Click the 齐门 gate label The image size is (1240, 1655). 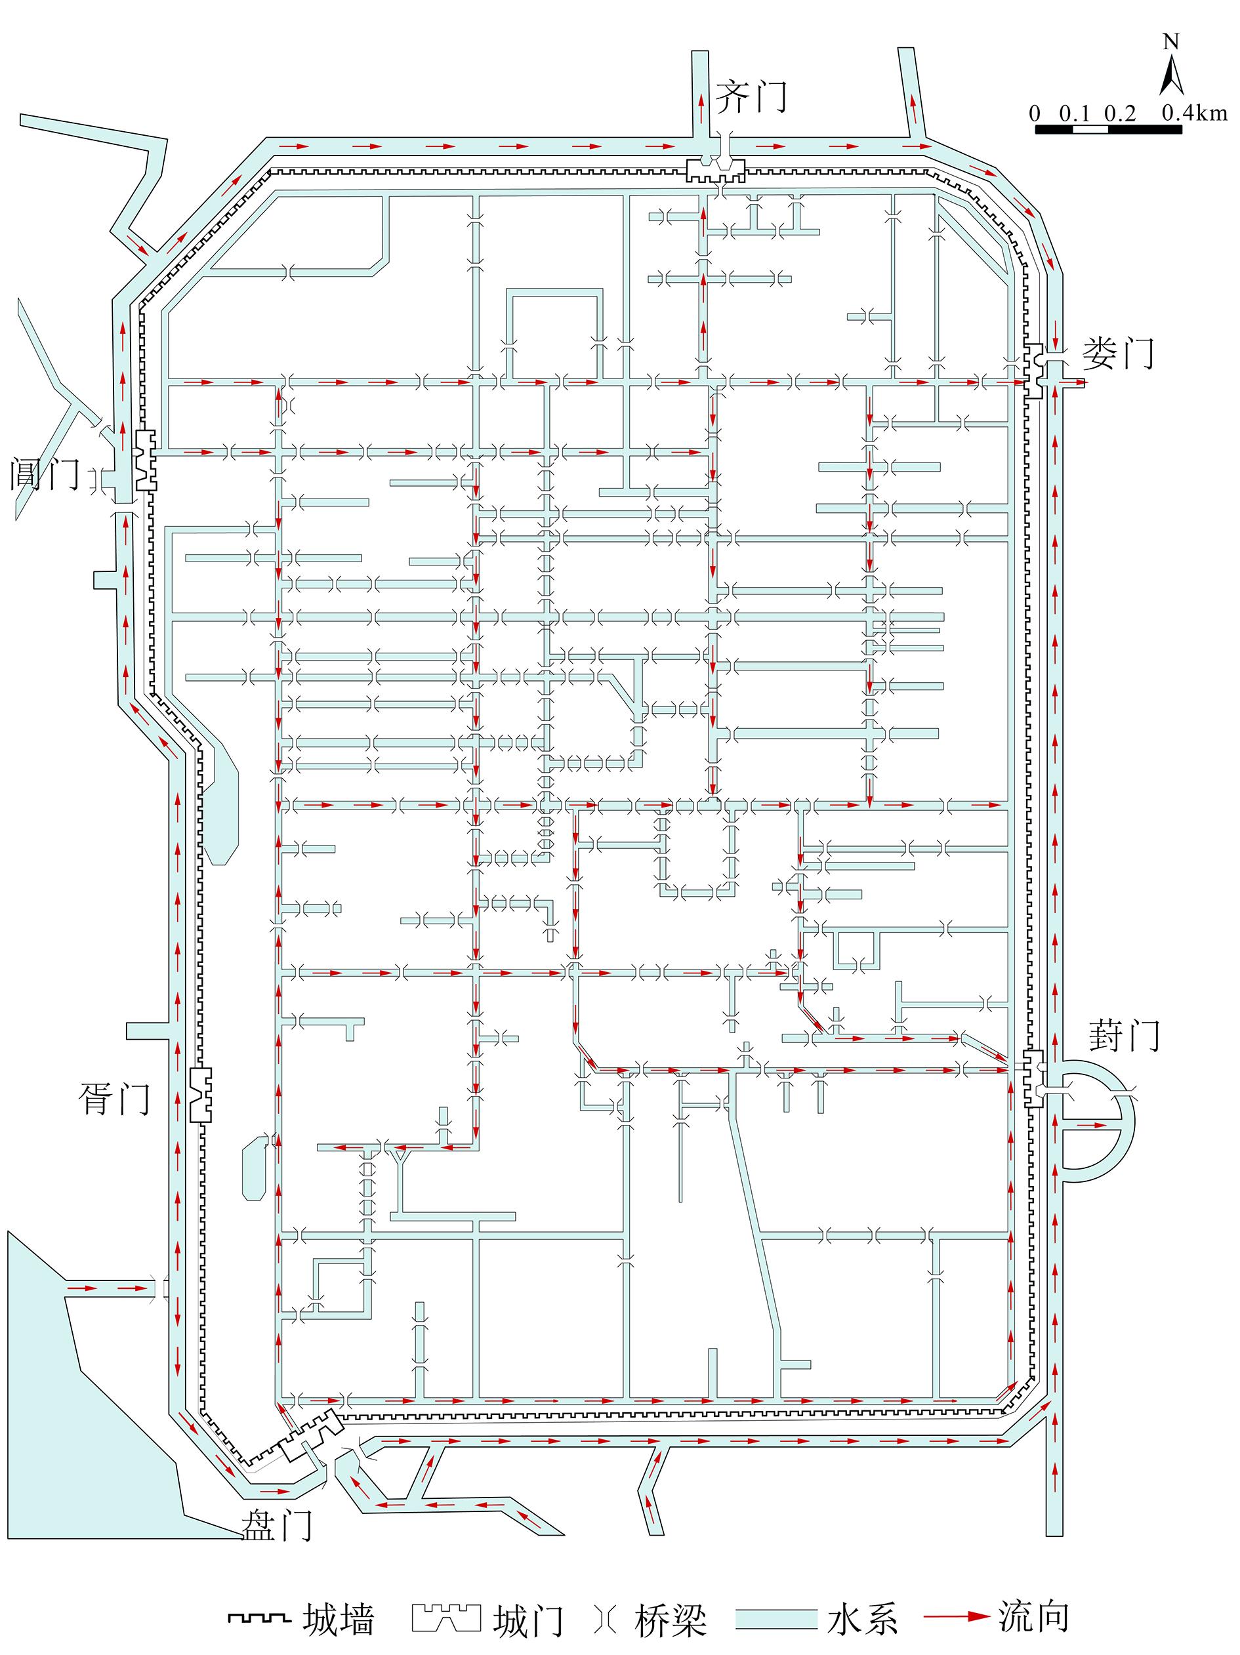(x=751, y=97)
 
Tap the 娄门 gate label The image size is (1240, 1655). (x=1118, y=353)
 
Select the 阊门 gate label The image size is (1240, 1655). (x=45, y=474)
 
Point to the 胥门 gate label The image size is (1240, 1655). (x=114, y=1099)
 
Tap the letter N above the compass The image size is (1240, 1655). (x=1171, y=41)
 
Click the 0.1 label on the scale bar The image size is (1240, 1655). (x=1075, y=113)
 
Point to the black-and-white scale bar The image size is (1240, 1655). (x=1108, y=129)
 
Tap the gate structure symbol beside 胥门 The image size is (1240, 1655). (x=200, y=1094)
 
